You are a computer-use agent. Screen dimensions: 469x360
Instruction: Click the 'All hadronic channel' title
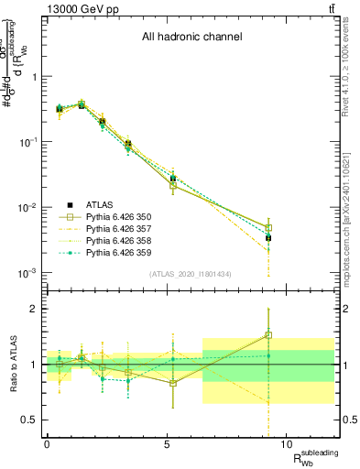(191, 38)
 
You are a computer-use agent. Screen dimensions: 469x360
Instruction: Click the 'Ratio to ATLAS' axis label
(11, 364)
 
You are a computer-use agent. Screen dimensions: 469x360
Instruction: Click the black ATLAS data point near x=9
(268, 237)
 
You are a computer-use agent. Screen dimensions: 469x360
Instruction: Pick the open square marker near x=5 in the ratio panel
(173, 383)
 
